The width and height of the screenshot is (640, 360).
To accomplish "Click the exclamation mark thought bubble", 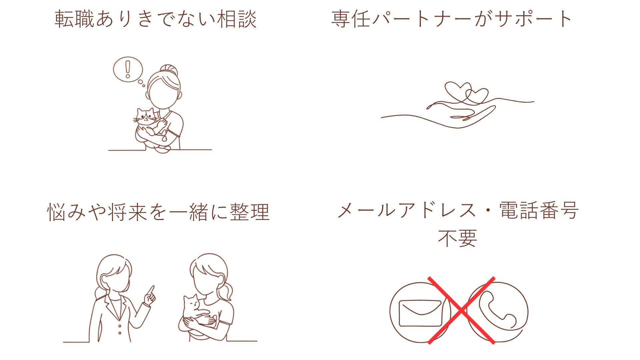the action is [128, 69].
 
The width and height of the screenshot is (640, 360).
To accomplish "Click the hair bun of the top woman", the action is [169, 71].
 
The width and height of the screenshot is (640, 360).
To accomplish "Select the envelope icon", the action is [420, 313].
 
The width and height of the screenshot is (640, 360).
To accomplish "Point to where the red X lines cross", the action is [461, 311].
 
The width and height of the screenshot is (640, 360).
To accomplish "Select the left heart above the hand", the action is [457, 91].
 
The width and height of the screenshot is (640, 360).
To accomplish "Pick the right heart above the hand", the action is [477, 96].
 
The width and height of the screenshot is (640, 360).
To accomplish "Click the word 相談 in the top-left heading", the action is [237, 19].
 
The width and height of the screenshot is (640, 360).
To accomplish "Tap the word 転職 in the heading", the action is [75, 19].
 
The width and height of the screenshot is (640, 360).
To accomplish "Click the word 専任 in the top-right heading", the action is [351, 19].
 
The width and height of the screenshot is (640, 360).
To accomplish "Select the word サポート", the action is [533, 19].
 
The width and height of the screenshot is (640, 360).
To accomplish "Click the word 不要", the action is [457, 238].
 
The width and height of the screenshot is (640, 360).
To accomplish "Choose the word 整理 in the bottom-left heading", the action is [249, 212].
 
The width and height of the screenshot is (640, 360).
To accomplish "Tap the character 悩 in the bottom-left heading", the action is [57, 212].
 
